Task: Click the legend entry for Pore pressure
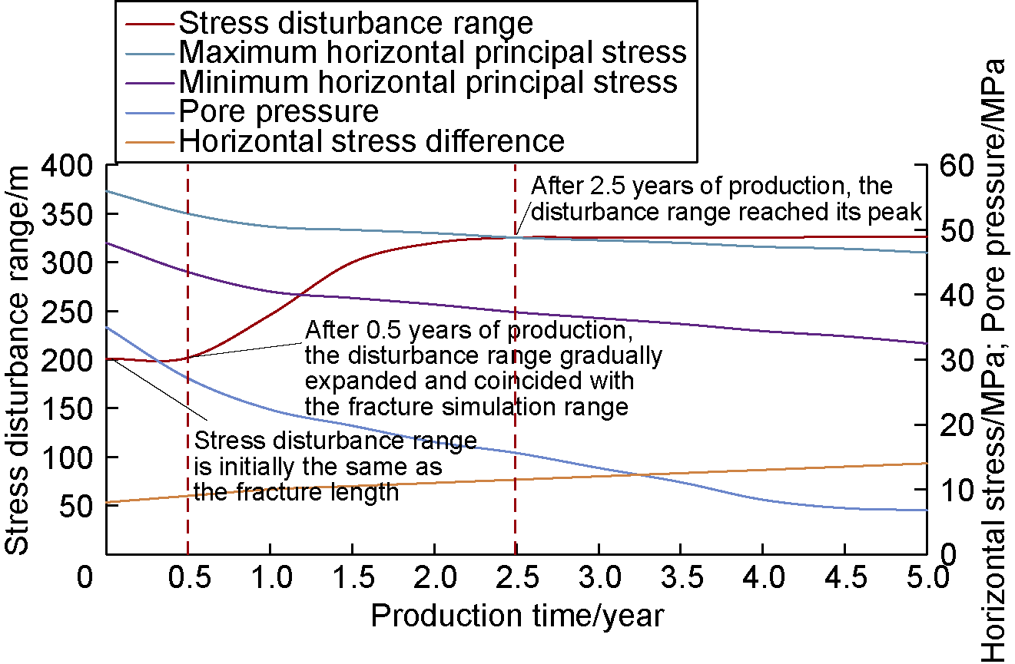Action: pos(279,112)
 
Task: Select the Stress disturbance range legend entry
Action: pos(356,23)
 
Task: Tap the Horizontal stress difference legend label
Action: pos(372,141)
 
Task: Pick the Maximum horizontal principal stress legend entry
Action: pos(433,52)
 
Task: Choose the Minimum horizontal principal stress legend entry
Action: pos(428,82)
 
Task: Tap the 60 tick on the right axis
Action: pos(952,166)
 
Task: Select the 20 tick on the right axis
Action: pos(952,425)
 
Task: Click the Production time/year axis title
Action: pos(517,616)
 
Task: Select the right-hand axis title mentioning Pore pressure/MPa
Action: pos(997,359)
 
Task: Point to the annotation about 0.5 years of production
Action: pos(483,368)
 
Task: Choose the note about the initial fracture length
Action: pos(335,466)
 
